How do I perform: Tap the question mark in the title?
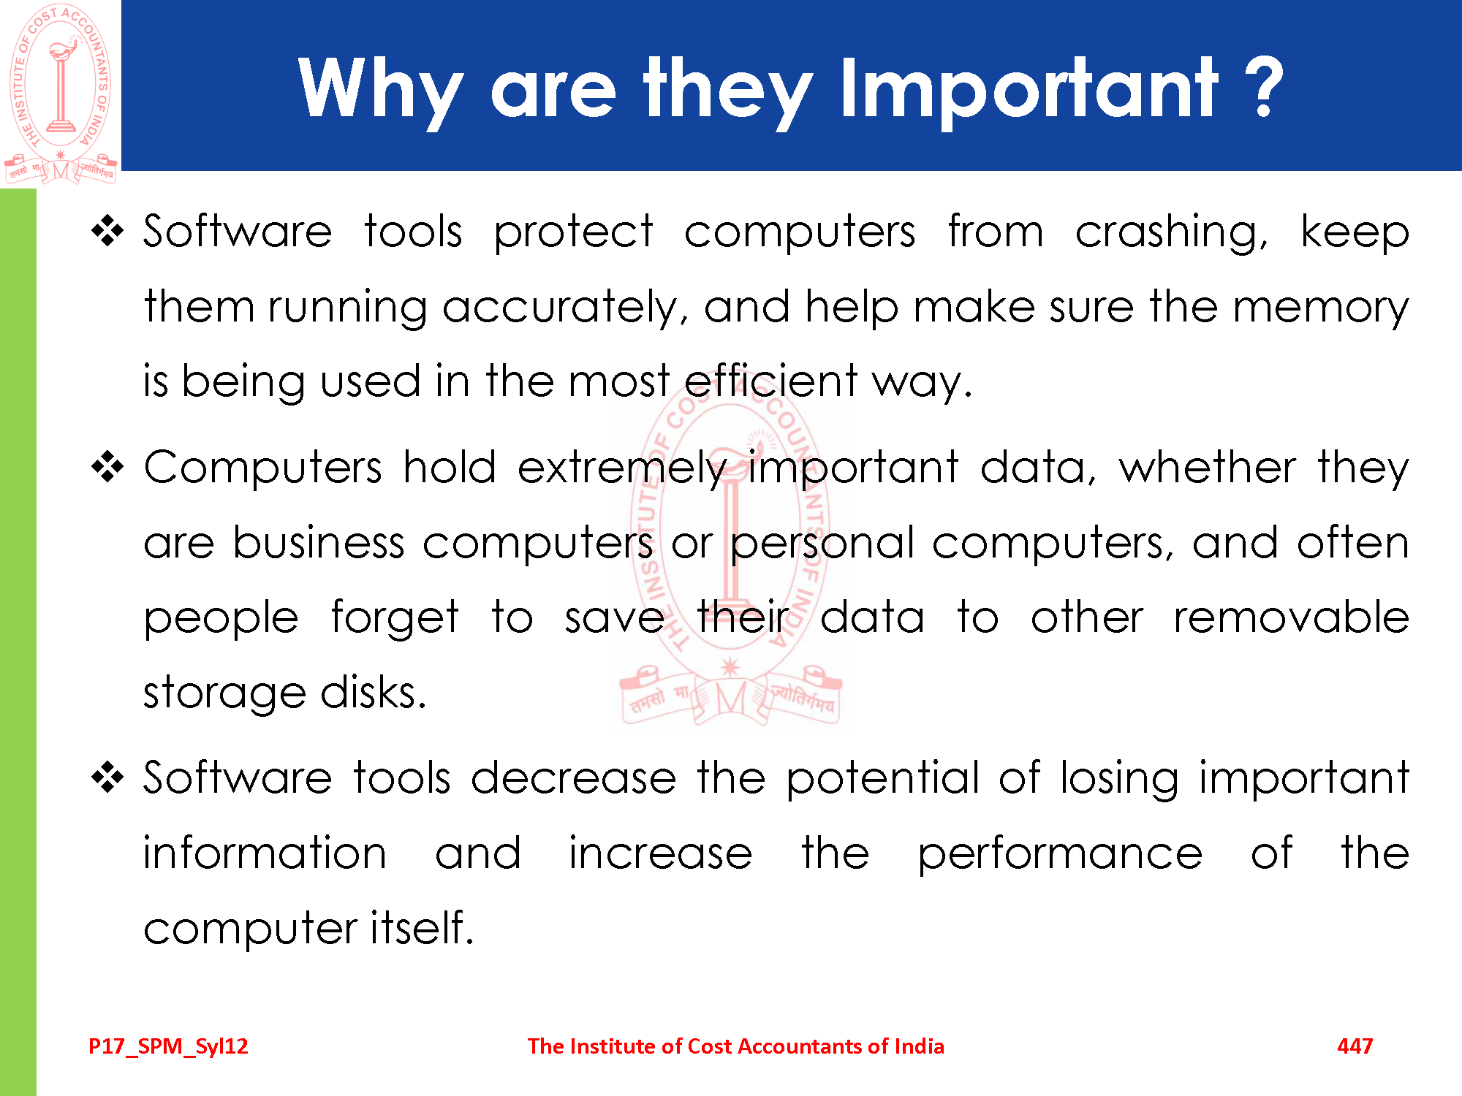pos(1264,87)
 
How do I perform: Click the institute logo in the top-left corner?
pos(61,94)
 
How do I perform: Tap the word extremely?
pos(622,468)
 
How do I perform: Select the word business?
pos(319,542)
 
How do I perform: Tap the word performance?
pos(1060,854)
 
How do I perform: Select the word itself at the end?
pos(422,928)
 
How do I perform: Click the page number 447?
pos(1355,1046)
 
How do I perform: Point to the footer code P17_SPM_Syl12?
pos(168,1047)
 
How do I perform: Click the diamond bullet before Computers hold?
pos(108,467)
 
